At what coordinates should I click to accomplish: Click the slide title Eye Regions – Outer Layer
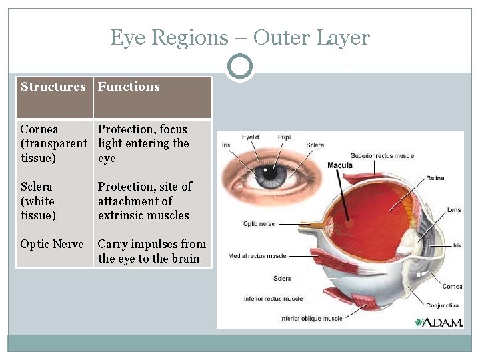239,38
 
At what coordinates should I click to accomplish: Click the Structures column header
53,87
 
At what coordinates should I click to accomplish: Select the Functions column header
129,87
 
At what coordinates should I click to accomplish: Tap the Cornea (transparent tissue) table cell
53,143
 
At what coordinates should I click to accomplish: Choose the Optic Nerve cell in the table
52,244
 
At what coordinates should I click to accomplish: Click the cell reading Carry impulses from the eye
152,251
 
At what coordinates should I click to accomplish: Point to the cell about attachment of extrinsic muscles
145,201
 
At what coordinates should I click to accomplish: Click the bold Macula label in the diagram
340,165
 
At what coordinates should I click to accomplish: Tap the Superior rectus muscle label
382,156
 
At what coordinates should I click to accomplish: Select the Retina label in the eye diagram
435,178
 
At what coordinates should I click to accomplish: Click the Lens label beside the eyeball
453,209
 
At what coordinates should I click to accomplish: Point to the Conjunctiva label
443,305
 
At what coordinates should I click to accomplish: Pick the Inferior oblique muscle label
311,318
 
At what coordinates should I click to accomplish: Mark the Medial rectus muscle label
257,255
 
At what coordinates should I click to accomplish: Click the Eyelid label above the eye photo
250,137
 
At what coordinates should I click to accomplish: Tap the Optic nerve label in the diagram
259,224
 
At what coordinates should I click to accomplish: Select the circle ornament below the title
239,67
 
